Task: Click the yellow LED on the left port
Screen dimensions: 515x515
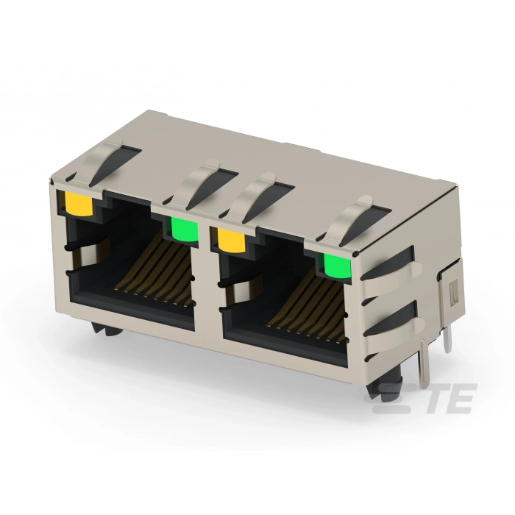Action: [x=78, y=203]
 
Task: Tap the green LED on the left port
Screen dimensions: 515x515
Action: [x=185, y=230]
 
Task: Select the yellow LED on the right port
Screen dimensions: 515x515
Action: [x=232, y=241]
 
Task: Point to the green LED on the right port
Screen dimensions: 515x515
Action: [x=338, y=266]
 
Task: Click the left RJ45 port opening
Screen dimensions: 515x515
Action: [x=132, y=263]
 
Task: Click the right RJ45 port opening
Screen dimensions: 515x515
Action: [x=284, y=299]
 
